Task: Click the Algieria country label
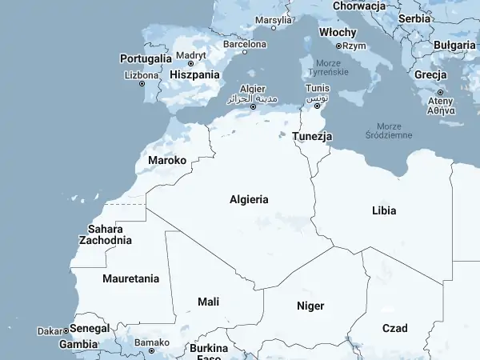click(x=249, y=200)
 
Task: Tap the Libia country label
click(x=384, y=211)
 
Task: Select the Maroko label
click(x=167, y=161)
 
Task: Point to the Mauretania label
click(x=130, y=279)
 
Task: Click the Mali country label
click(x=208, y=302)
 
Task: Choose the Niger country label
click(x=310, y=306)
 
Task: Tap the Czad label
click(x=394, y=328)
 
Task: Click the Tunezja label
click(x=312, y=137)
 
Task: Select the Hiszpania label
click(x=194, y=74)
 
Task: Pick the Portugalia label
click(x=146, y=58)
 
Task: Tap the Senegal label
click(x=89, y=329)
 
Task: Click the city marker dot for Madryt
click(x=190, y=64)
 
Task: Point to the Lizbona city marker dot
click(x=143, y=84)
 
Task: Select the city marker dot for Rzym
click(x=338, y=46)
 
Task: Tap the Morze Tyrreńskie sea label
click(x=328, y=67)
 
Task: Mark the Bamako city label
click(x=152, y=342)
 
